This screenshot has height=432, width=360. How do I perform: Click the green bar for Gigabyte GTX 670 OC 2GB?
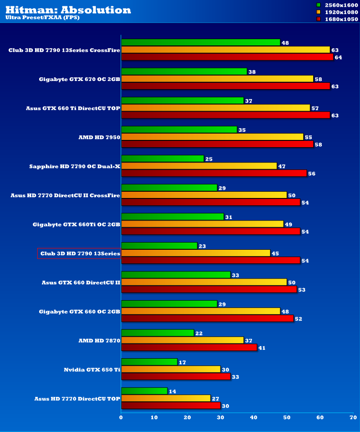(184, 72)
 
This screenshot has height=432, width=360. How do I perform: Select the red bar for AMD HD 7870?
(189, 347)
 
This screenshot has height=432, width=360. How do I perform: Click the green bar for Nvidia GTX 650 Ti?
(149, 362)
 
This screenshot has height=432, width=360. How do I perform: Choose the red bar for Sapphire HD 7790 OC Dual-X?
(214, 173)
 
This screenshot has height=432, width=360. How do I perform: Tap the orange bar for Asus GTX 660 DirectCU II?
(204, 282)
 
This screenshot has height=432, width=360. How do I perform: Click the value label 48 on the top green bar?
(285, 43)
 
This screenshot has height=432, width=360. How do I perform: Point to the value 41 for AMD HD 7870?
(262, 348)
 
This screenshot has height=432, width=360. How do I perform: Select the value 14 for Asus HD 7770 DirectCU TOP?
(172, 391)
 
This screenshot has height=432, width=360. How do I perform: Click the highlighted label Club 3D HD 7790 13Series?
(79, 253)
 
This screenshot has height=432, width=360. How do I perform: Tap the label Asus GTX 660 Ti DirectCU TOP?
(73, 108)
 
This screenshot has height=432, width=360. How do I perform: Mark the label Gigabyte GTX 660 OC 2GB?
(80, 311)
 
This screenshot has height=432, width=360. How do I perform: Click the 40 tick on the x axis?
(254, 418)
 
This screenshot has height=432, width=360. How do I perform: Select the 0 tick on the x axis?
(121, 418)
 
